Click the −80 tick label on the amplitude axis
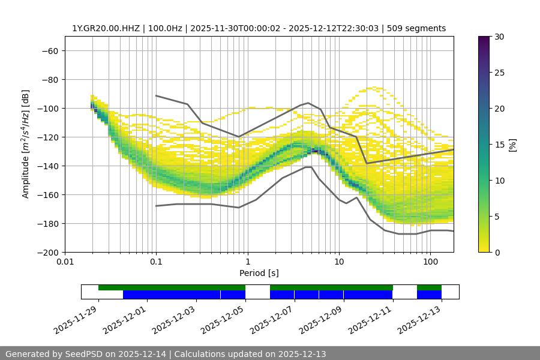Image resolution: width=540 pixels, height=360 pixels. click(x=49, y=79)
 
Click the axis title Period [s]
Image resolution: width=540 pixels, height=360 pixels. click(x=259, y=273)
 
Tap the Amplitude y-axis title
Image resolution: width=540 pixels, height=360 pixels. click(x=25, y=144)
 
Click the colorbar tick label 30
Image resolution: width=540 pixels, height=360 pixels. click(x=499, y=37)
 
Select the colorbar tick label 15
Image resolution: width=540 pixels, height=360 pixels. click(x=499, y=145)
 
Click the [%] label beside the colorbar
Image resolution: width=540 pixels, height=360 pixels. click(x=512, y=145)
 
